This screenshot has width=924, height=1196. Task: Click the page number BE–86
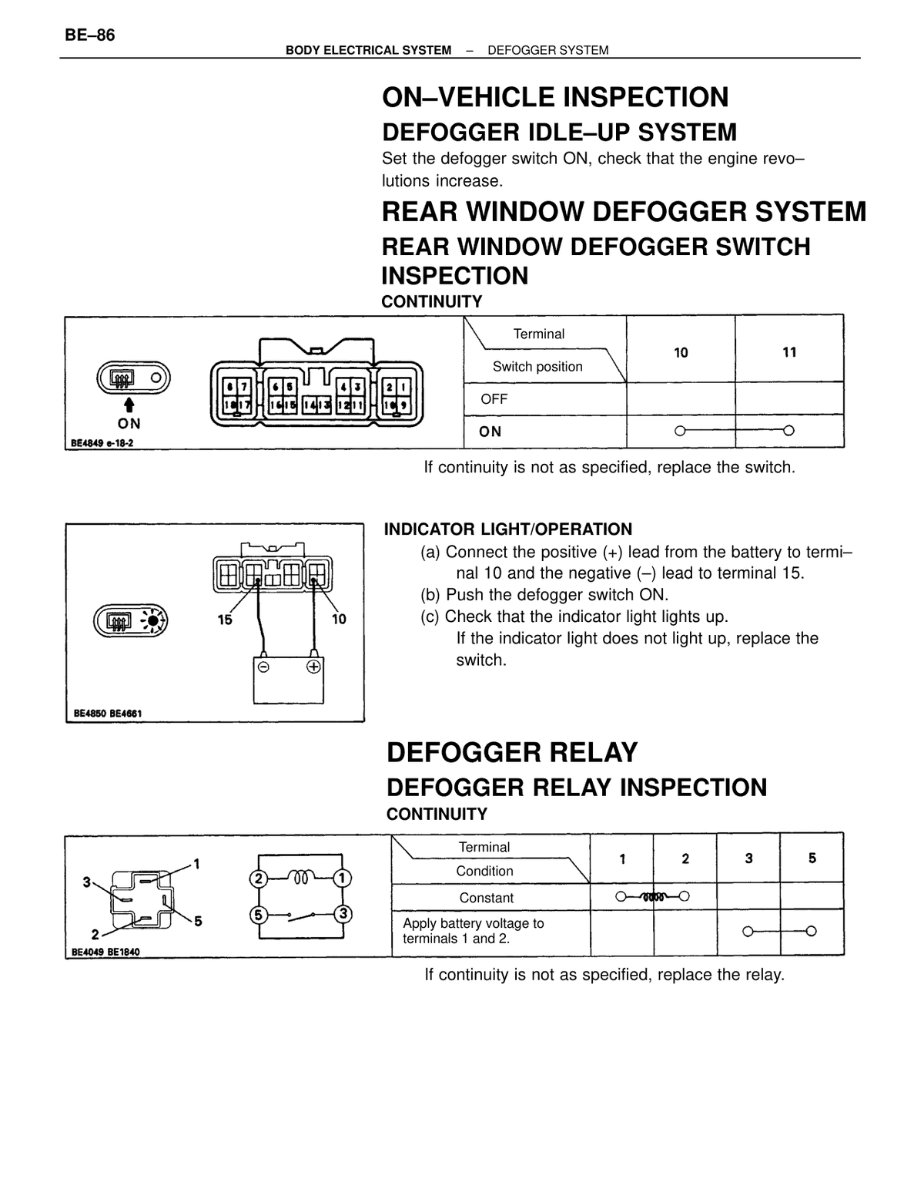click(x=89, y=35)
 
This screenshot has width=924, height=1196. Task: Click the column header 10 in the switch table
click(x=681, y=353)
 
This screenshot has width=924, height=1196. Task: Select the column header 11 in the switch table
click(x=789, y=352)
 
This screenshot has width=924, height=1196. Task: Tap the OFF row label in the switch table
click(x=494, y=399)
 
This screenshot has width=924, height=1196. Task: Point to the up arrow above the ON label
click(x=129, y=405)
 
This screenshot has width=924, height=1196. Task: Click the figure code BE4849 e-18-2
click(x=102, y=443)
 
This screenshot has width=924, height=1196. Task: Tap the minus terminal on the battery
click(x=263, y=667)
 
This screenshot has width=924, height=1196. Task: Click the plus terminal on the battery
click(x=313, y=667)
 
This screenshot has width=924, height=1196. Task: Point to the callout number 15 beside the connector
click(x=225, y=620)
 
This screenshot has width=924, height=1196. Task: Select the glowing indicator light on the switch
click(x=153, y=621)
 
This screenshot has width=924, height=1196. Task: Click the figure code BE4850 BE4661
click(x=107, y=714)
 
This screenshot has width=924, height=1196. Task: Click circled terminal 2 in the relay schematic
click(x=258, y=878)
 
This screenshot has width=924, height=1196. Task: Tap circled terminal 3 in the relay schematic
click(x=343, y=914)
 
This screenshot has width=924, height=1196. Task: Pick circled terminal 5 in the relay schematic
click(x=258, y=915)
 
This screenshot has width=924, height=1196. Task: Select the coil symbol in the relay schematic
click(x=301, y=876)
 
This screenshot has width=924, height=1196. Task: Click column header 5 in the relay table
click(x=812, y=858)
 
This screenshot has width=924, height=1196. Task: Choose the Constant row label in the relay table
click(x=487, y=898)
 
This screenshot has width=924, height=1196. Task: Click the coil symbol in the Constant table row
click(x=652, y=897)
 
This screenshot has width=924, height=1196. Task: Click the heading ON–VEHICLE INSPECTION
click(x=555, y=97)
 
